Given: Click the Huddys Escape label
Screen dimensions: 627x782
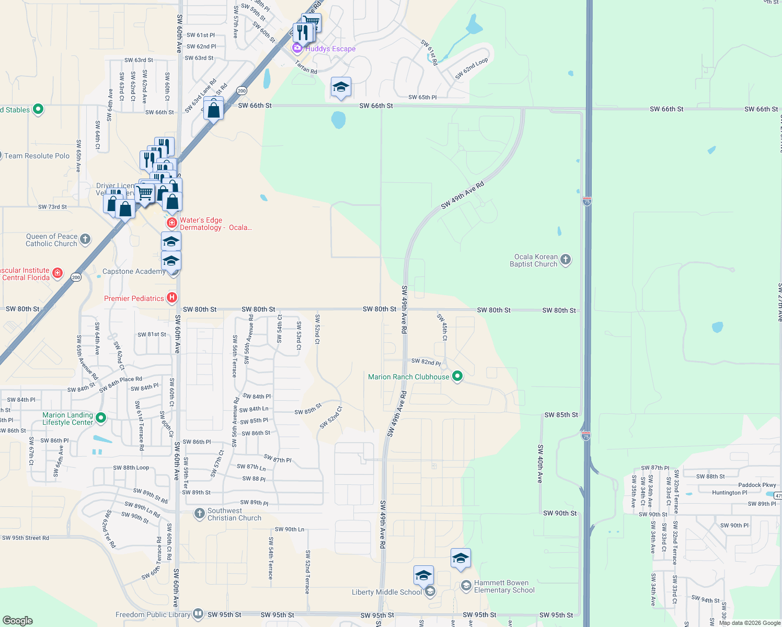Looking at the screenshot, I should point(330,49).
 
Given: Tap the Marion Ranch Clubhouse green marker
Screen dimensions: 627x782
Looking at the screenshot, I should point(457,376).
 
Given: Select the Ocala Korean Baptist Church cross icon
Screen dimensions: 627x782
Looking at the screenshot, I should point(566,260).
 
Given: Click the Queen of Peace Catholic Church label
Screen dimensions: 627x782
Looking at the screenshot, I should point(51,240).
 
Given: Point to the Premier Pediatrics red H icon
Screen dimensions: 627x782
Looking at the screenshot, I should point(171,298).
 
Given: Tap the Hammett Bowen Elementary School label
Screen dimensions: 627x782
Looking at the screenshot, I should point(504,586).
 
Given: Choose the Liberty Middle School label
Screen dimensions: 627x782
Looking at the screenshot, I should point(386,592).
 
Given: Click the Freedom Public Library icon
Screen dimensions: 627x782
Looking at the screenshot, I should point(198,614).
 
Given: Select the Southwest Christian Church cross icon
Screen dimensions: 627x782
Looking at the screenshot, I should point(199,514).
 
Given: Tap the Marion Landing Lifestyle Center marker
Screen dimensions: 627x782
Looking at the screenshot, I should point(101,418).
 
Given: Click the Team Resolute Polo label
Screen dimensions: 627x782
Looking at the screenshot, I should point(37,156).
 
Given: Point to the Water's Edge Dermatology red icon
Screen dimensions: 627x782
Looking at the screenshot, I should point(171,223).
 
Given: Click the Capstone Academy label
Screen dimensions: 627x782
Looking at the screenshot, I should point(134,271).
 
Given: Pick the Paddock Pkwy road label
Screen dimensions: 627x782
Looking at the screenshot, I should point(757,485).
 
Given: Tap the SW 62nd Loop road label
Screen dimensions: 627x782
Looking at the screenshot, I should point(471,68).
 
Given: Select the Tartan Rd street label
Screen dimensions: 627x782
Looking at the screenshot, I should point(306,67).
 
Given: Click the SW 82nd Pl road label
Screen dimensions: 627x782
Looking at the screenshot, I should point(425,362).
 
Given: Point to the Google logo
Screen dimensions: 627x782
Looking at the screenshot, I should point(18,620).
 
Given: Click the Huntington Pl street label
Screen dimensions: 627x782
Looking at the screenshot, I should point(729,493).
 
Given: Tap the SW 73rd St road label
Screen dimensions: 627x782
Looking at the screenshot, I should point(52,207).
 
